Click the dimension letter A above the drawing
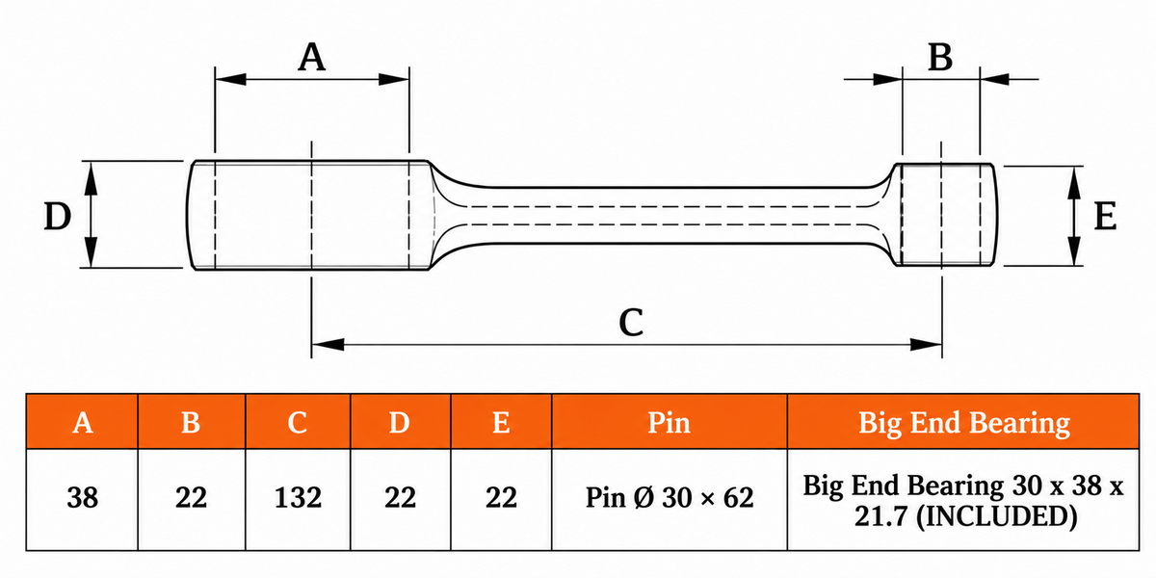point(312,57)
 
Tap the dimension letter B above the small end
point(940,57)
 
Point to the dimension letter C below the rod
point(631,323)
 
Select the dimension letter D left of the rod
point(57,216)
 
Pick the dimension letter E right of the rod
point(1106,216)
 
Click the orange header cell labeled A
point(83,422)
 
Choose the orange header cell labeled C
point(298,422)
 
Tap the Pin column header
point(670,422)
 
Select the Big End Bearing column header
point(963,422)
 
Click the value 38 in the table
point(83,498)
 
